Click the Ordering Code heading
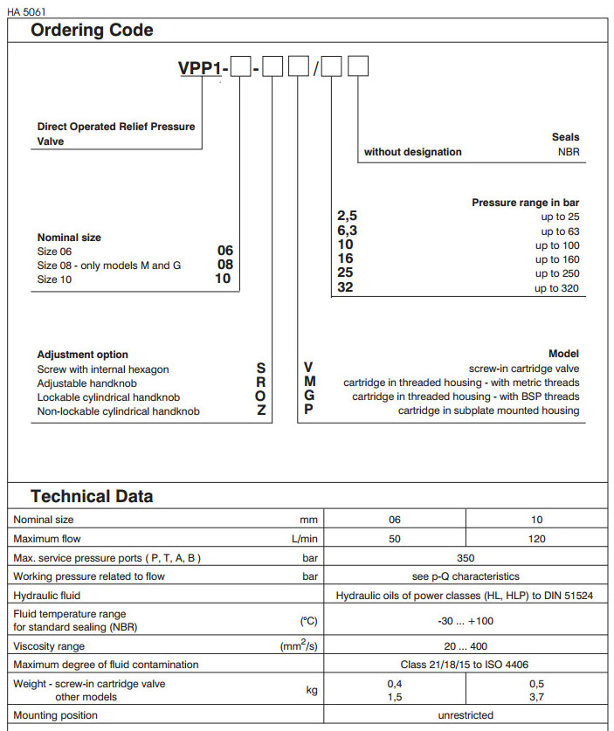click(92, 31)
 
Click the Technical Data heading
click(92, 497)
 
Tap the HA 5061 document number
click(27, 11)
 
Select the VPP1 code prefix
click(203, 68)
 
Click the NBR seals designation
click(568, 152)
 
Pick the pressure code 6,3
click(347, 231)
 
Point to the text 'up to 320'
click(556, 288)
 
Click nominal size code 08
click(224, 265)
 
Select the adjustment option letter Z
click(261, 410)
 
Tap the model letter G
click(309, 397)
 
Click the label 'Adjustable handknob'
click(87, 383)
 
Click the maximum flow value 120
click(537, 539)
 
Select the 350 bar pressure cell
click(466, 557)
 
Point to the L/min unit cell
click(307, 539)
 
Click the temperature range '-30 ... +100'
click(466, 621)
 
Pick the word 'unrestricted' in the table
click(466, 715)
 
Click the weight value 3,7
click(537, 697)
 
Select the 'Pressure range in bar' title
click(525, 203)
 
